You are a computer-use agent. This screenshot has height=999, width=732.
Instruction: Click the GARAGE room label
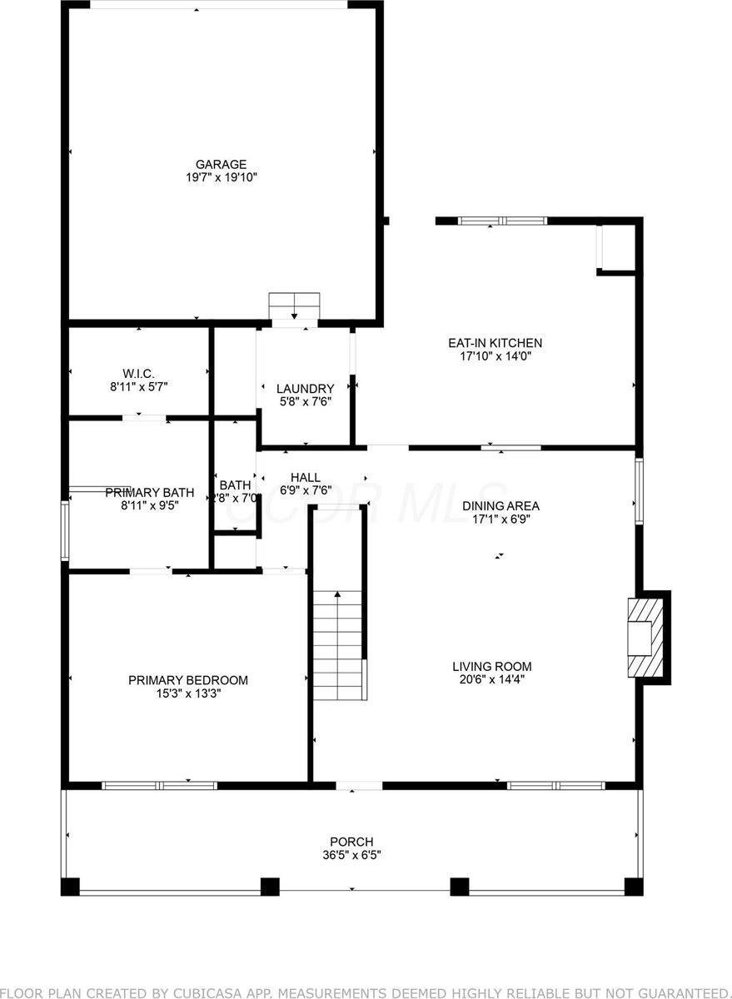221,164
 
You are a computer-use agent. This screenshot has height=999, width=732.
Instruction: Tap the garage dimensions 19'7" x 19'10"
221,177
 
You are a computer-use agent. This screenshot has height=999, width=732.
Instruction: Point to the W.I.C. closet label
137,373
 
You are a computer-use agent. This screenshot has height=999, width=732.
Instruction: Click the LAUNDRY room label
305,388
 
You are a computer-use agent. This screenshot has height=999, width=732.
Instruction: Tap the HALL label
305,477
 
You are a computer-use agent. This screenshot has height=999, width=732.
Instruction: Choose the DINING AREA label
500,505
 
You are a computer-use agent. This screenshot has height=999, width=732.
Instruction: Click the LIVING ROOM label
491,666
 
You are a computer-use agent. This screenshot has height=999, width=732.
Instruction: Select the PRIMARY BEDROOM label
187,680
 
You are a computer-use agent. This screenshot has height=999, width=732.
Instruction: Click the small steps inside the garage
294,305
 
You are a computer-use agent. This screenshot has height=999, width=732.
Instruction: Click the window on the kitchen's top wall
502,221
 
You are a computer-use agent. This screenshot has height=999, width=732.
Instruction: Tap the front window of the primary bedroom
159,785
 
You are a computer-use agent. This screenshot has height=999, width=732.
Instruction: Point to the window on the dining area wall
639,491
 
